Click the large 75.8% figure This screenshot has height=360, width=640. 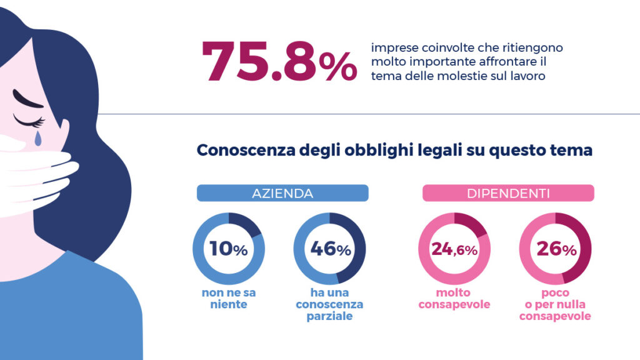[279, 61]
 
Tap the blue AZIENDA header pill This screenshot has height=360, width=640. [282, 193]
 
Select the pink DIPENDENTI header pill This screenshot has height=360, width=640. [508, 193]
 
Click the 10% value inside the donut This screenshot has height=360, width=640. [228, 249]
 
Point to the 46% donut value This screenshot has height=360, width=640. [330, 249]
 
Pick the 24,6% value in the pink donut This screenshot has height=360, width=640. [454, 249]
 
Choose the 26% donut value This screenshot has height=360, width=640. [556, 249]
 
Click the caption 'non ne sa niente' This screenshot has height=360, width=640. [228, 298]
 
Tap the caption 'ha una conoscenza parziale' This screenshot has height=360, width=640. [331, 304]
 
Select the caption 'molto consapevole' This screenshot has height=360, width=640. [454, 298]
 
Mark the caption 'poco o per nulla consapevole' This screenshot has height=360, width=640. [556, 304]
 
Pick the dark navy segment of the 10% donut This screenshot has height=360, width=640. [247, 225]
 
